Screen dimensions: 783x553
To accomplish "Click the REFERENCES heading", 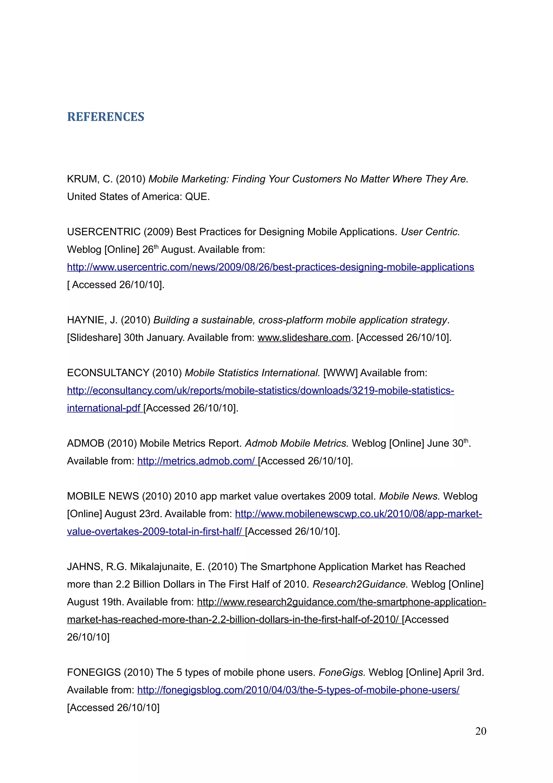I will tap(106, 117).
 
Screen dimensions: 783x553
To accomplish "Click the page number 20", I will tap(480, 731).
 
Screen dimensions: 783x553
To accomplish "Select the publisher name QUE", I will tap(196, 197).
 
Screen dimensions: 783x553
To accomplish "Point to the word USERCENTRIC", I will tap(104, 232).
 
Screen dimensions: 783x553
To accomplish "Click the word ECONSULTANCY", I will tap(108, 373).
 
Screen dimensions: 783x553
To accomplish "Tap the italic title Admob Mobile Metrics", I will tap(296, 443).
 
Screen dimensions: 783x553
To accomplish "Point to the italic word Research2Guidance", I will tap(360, 584).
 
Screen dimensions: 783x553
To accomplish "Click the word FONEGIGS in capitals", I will tap(94, 672).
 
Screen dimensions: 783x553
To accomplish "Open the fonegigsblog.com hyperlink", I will tap(298, 690).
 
